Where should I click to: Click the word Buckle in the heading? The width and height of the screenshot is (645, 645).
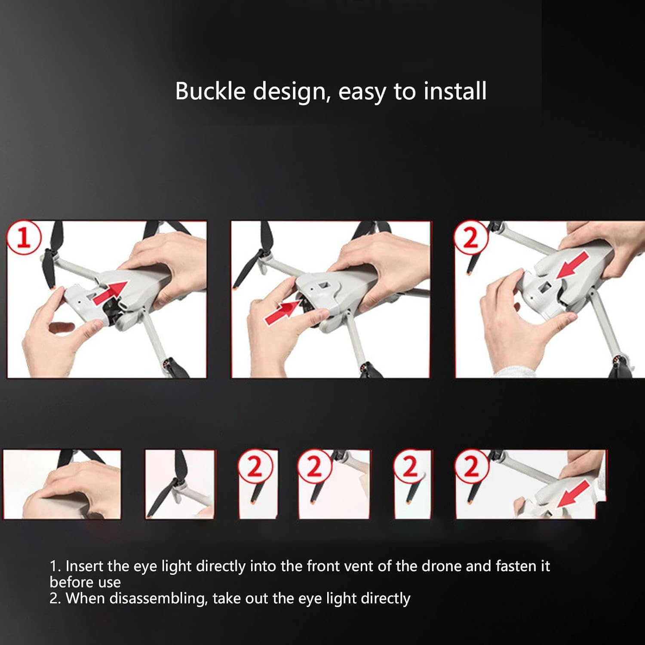coord(210,91)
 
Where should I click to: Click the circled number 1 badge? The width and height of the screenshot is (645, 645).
coord(24,238)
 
